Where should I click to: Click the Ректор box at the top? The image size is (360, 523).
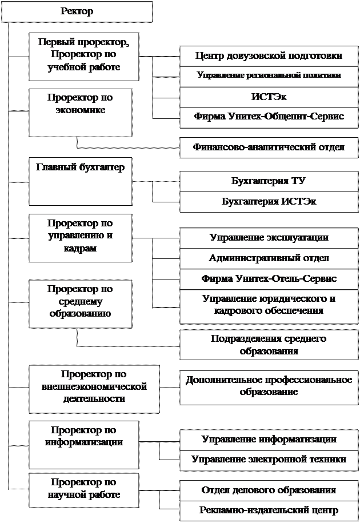(77, 11)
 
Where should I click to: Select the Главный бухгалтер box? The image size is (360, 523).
(81, 182)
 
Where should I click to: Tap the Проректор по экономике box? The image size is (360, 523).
(81, 113)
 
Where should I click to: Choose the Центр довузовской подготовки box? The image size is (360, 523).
(269, 57)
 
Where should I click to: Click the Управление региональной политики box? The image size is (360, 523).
(269, 77)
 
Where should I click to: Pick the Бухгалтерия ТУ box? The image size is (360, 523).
(269, 181)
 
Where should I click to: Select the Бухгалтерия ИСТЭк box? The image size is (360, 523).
(269, 202)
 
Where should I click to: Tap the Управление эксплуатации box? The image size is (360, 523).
(269, 238)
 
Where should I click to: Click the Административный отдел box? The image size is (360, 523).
(269, 259)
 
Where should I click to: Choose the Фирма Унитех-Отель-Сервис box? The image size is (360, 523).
(269, 279)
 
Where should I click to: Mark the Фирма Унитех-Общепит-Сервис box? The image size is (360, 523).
(269, 118)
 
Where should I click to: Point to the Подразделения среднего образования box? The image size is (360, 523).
(269, 345)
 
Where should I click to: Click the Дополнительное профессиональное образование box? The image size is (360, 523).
(269, 387)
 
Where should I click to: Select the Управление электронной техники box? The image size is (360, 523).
(269, 461)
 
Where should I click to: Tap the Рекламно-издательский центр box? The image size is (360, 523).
(269, 511)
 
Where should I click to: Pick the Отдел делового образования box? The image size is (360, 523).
(269, 490)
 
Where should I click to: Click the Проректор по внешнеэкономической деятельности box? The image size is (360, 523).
(94, 389)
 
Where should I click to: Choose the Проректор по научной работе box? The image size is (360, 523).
(84, 490)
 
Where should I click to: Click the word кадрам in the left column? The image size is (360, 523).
(81, 248)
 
